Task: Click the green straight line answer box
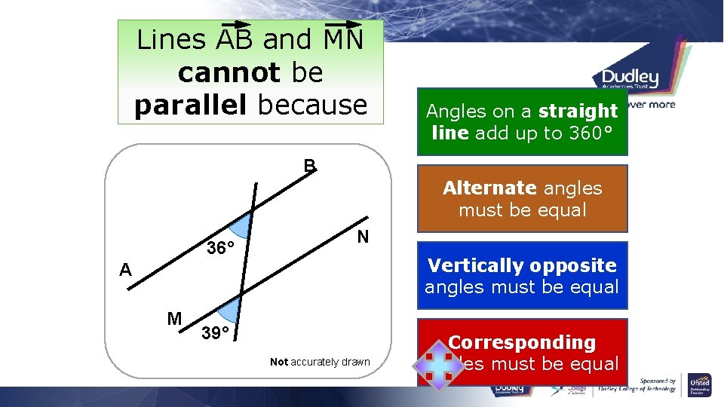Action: [522, 121]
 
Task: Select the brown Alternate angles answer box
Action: [522, 199]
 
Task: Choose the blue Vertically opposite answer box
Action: [522, 276]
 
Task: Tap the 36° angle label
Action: [221, 248]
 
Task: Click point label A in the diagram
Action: [125, 271]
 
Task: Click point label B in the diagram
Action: [309, 165]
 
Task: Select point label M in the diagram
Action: [174, 319]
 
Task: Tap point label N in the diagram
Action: [363, 237]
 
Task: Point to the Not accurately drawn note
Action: [320, 362]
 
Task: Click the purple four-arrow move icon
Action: [434, 363]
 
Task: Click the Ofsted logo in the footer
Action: [699, 386]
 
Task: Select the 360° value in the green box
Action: [590, 133]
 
